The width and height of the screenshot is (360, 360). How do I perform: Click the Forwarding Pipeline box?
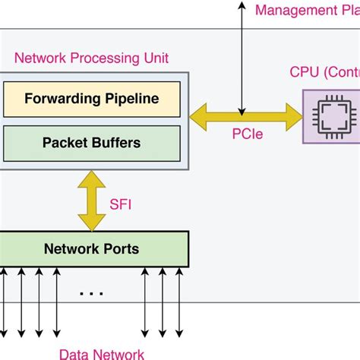pos(92,99)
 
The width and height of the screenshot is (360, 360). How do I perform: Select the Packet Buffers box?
pos(92,142)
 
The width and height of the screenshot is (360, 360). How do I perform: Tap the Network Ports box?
pos(92,248)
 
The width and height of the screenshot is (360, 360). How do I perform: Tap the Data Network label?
pos(102,353)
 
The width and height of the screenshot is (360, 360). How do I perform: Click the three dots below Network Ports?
pos(92,292)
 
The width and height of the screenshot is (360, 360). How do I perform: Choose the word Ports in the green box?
pos(122,248)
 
